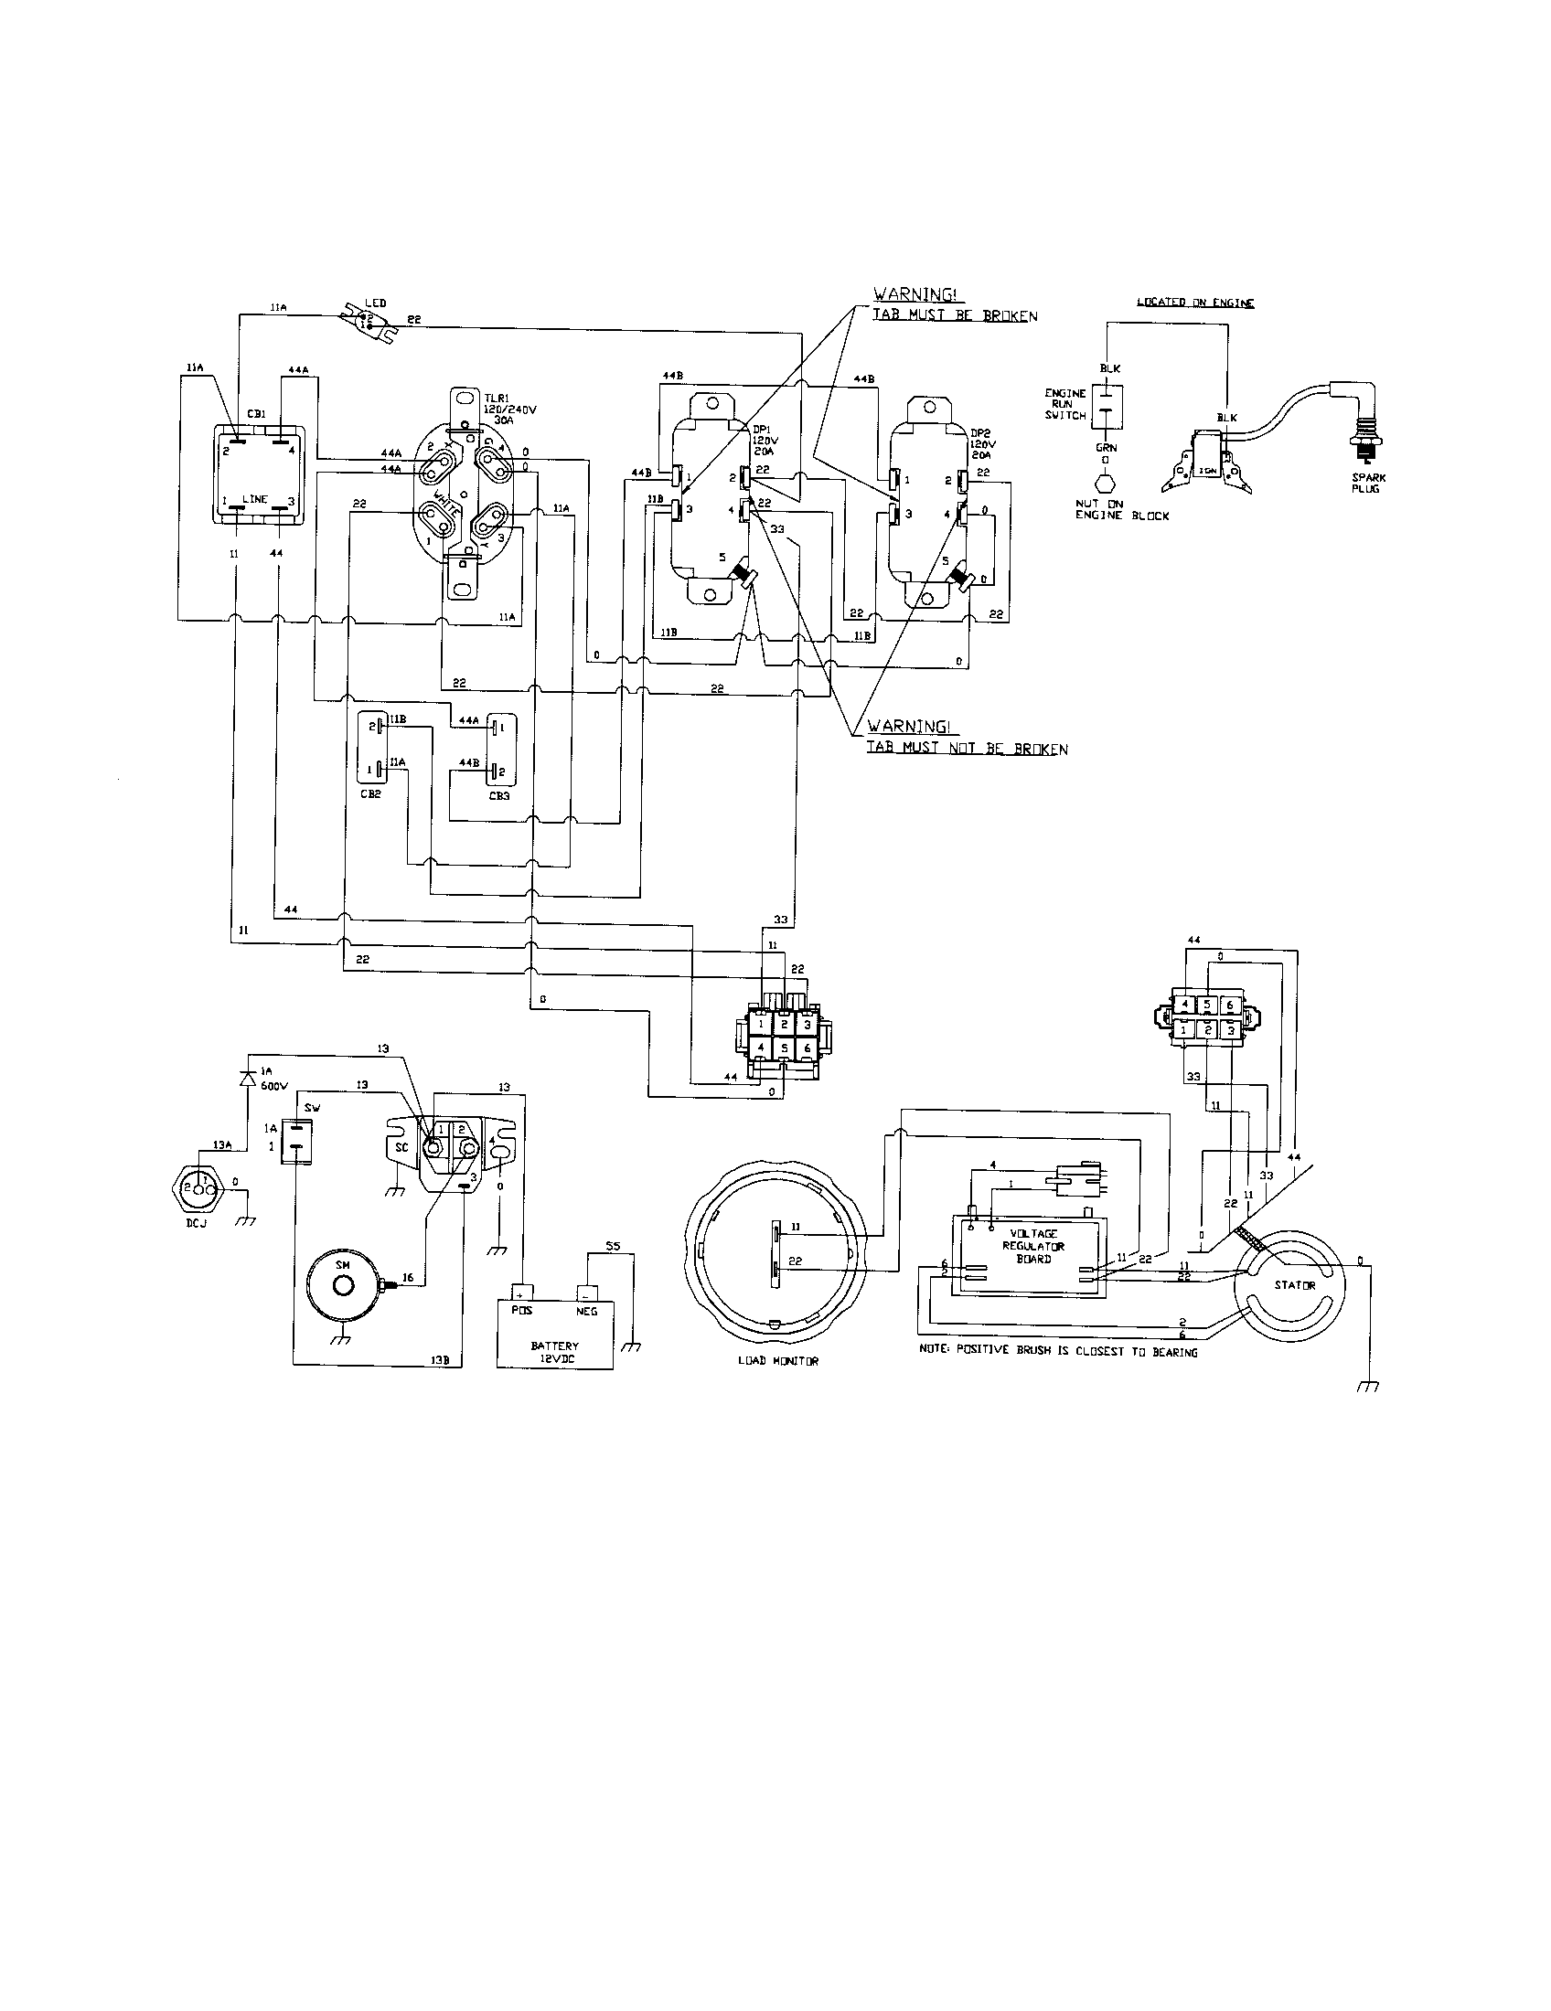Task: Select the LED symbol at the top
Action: (x=367, y=321)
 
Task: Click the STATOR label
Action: (x=1294, y=1284)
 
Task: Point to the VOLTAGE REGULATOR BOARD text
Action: (x=1033, y=1246)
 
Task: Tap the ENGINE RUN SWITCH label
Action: (x=1064, y=404)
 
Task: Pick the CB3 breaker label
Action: (x=498, y=795)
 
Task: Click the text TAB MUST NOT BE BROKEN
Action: (x=966, y=749)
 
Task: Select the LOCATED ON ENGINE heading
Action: (x=1194, y=303)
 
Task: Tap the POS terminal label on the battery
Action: (x=520, y=1310)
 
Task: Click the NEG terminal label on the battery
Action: (x=586, y=1310)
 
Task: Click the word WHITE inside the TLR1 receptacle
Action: (x=452, y=505)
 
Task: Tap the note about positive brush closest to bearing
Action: (x=1058, y=1352)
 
